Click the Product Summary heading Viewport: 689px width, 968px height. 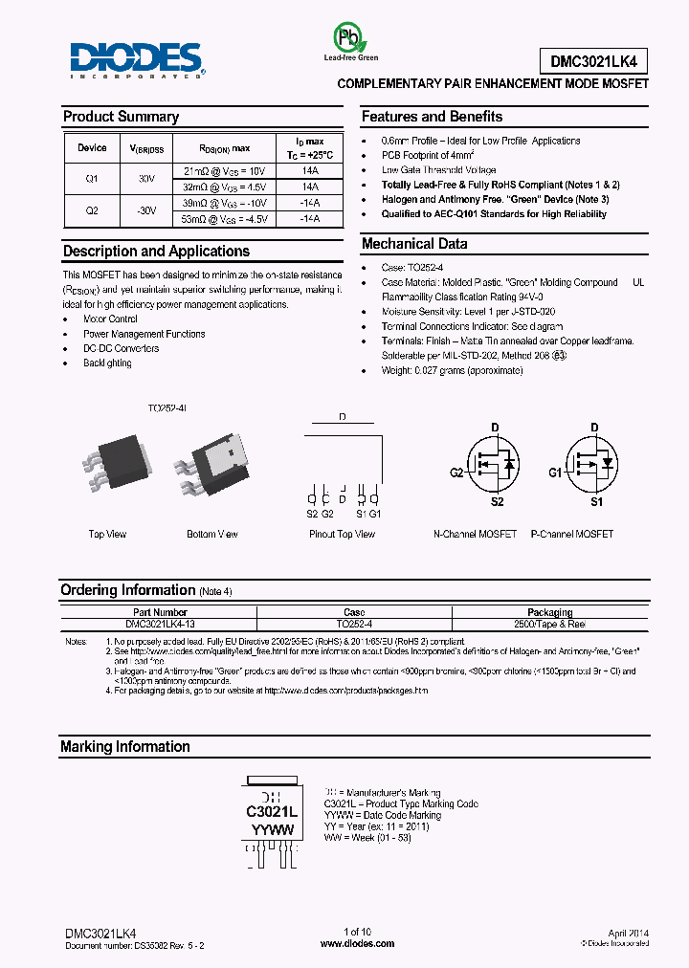coord(121,117)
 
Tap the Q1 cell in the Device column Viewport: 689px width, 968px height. coord(92,178)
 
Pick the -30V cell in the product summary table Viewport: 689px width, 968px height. coord(147,211)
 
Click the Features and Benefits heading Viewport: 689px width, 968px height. coord(432,117)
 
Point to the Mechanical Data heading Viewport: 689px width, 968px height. coord(413,244)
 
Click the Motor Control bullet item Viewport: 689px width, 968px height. coord(110,319)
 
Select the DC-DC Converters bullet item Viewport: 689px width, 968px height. coord(121,348)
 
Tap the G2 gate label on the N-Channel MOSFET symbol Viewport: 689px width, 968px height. coord(456,472)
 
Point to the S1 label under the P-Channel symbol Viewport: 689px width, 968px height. coord(595,501)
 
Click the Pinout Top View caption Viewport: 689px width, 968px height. coord(342,534)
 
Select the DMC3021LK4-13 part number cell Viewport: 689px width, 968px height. coord(160,623)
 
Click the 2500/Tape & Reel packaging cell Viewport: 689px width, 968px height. coord(549,623)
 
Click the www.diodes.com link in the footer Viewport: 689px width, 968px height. coord(357,943)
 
